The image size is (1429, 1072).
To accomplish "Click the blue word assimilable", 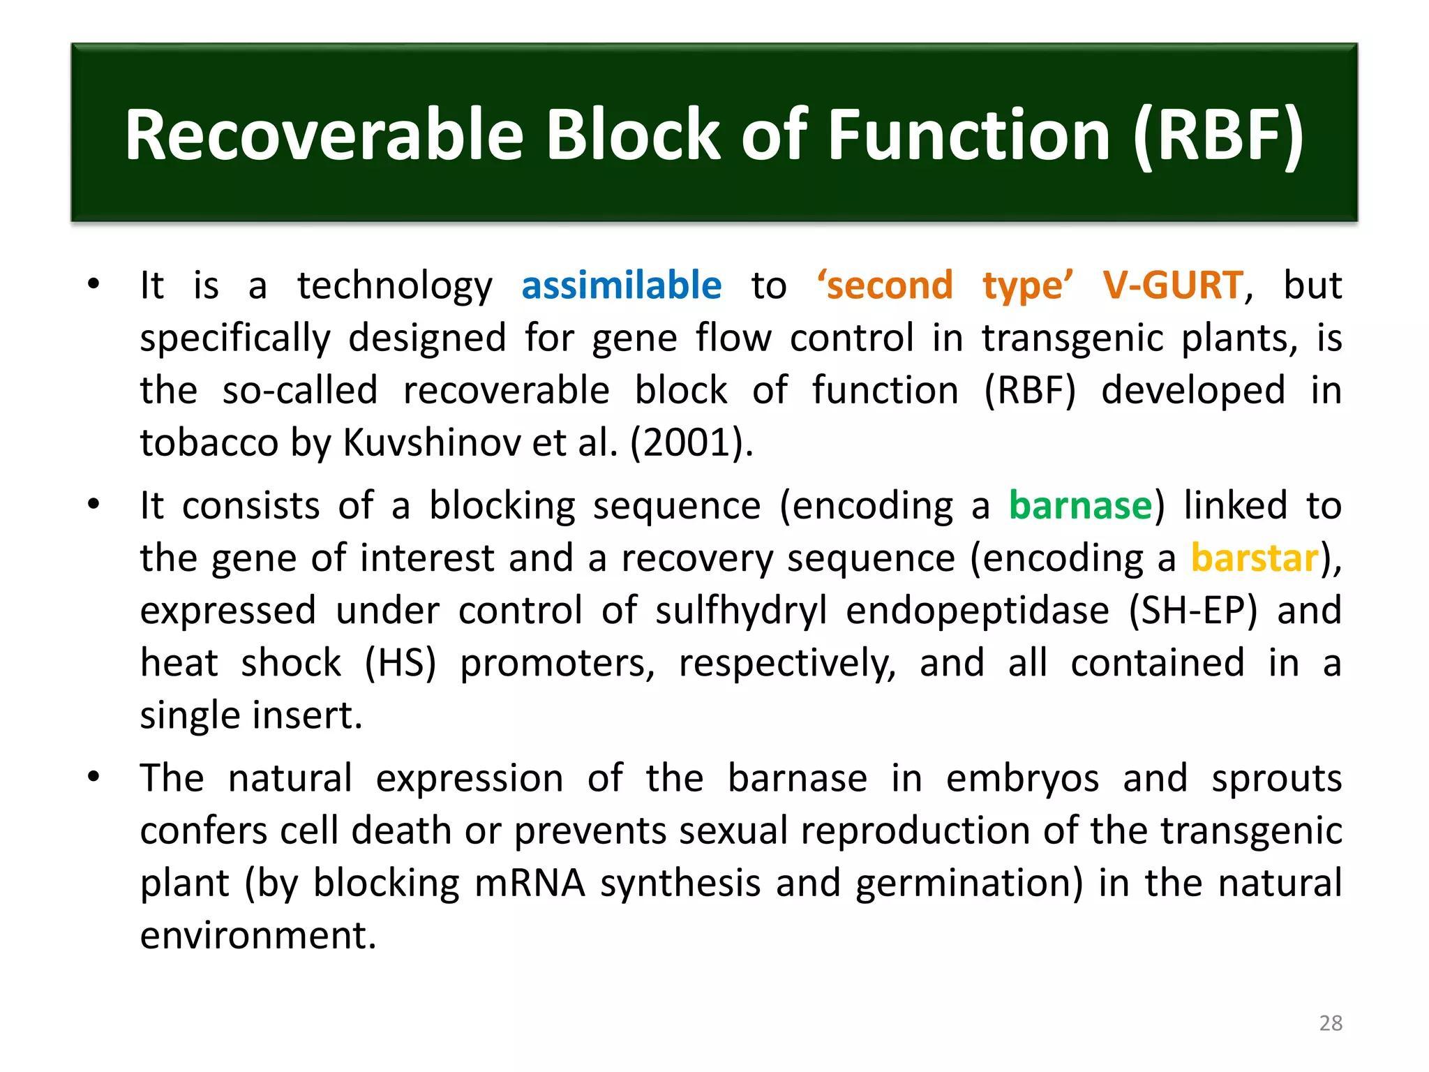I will pyautogui.click(x=621, y=285).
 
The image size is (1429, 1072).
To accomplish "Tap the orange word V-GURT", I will pyautogui.click(x=1172, y=285).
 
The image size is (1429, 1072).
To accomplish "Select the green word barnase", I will pyautogui.click(x=1080, y=505).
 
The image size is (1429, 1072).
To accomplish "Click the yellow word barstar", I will pyautogui.click(x=1255, y=558).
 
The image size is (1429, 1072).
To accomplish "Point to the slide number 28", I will pyautogui.click(x=1331, y=1023).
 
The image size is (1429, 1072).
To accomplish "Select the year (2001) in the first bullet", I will pyautogui.click(x=691, y=442).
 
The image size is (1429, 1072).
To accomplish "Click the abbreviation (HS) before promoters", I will pyautogui.click(x=401, y=663).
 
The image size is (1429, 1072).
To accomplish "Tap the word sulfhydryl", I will pyautogui.click(x=741, y=611).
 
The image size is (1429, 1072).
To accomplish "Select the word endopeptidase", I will pyautogui.click(x=977, y=611).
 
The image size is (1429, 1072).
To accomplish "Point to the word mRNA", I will pyautogui.click(x=530, y=883).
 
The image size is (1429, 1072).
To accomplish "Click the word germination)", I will pyautogui.click(x=969, y=883).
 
